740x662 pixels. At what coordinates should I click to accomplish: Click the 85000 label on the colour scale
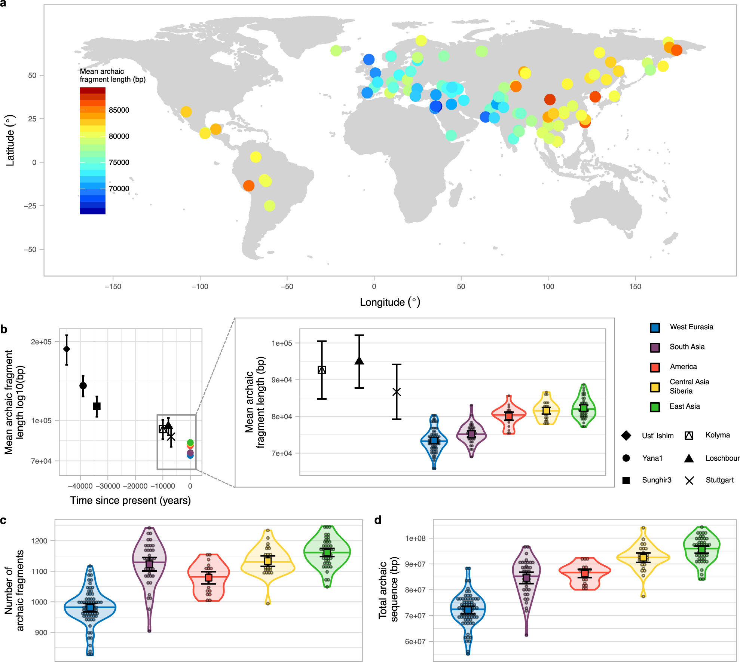tap(119, 110)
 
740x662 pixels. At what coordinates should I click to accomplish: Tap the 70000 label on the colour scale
tap(119, 189)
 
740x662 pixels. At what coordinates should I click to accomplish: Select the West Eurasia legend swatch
tap(655, 327)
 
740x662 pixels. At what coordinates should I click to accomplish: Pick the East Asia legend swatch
tap(655, 407)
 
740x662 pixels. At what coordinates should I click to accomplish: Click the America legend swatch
tap(655, 367)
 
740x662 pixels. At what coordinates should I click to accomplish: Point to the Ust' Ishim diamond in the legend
tap(626, 436)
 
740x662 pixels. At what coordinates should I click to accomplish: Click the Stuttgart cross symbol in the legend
tap(689, 481)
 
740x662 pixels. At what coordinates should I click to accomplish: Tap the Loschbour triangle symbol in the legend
tap(689, 458)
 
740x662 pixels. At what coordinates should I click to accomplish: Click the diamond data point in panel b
tap(67, 349)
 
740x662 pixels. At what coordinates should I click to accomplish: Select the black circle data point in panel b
tap(83, 385)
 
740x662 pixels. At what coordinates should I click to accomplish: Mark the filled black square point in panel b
tap(97, 406)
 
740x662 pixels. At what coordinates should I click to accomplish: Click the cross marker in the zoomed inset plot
tap(397, 392)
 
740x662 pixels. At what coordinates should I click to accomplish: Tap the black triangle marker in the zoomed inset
tap(359, 361)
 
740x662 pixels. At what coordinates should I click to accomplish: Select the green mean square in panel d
tap(702, 549)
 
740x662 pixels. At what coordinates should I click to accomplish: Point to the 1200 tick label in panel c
tap(39, 541)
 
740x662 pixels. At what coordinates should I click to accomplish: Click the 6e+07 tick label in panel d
tap(415, 641)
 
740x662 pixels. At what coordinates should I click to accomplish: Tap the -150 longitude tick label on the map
tap(113, 287)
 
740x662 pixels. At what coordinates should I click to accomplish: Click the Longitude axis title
tap(390, 302)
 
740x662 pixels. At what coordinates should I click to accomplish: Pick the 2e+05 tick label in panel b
tap(41, 342)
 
